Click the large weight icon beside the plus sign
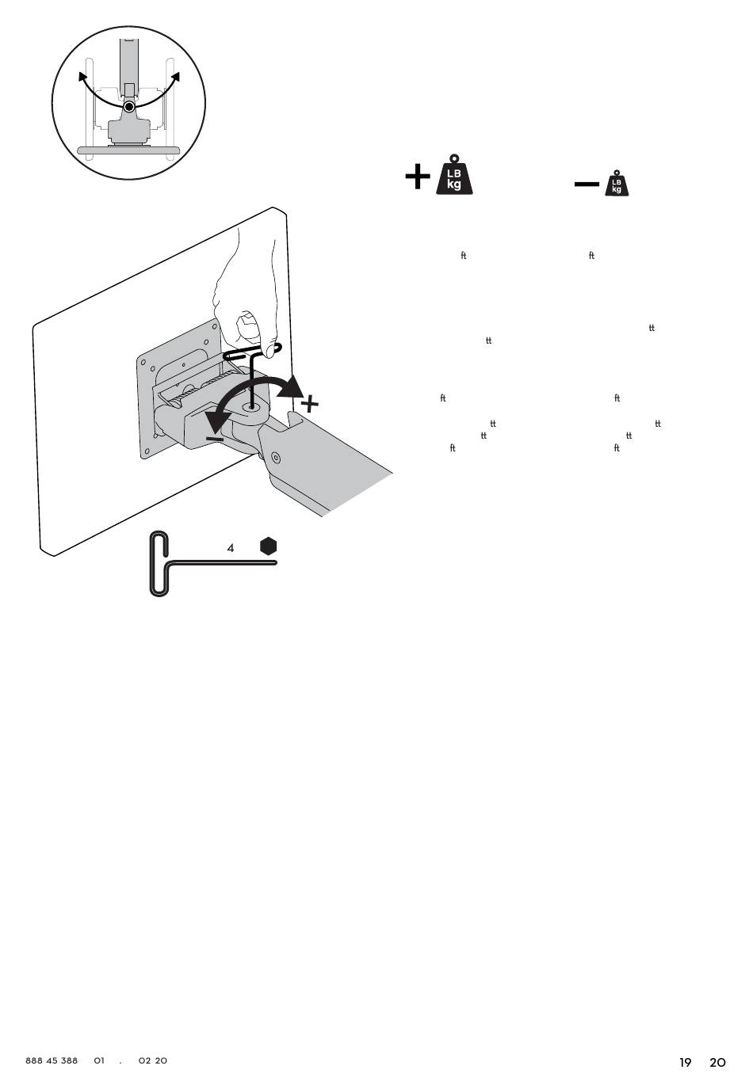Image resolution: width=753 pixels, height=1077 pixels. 454,175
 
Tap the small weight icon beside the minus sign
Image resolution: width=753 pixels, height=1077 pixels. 617,184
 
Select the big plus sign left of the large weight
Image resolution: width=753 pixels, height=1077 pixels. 417,177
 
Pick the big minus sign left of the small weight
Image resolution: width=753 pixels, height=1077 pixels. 587,185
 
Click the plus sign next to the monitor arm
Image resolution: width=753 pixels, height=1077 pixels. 310,404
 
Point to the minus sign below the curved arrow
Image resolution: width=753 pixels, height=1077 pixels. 214,438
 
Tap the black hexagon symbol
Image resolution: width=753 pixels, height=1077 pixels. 269,546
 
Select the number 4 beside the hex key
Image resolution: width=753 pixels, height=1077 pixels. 231,548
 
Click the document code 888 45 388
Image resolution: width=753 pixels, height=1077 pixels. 52,1060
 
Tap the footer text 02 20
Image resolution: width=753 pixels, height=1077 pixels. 152,1060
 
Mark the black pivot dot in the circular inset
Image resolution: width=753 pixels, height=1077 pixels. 130,105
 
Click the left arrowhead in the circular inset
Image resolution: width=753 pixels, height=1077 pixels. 82,77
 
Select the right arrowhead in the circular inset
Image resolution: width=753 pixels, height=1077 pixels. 175,76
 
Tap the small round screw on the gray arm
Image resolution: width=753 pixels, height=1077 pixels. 275,457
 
